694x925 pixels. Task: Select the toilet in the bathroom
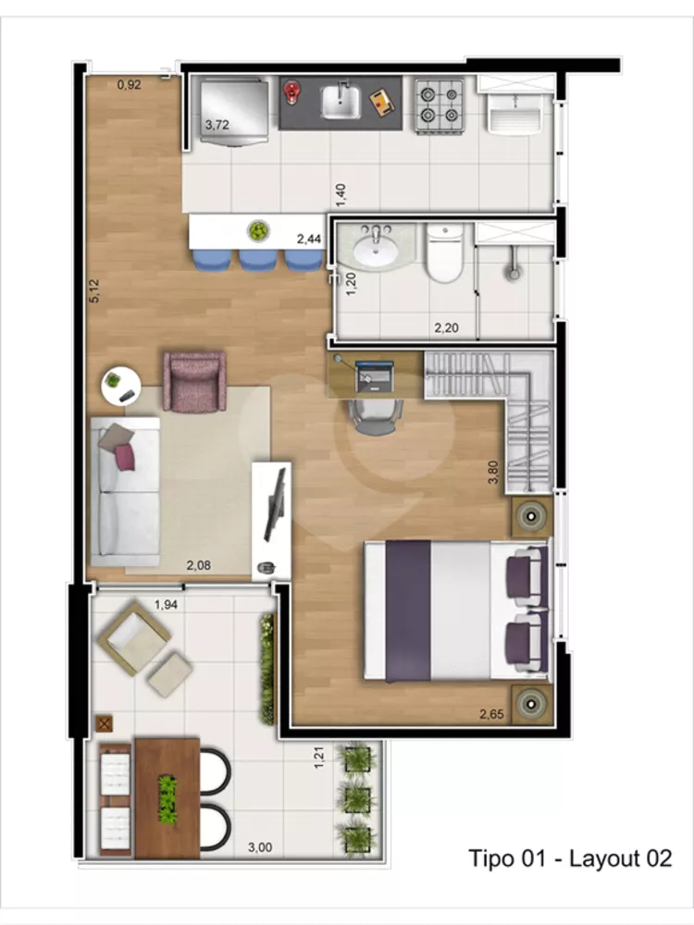coord(444,253)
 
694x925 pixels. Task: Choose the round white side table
coord(119,384)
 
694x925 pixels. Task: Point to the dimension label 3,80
coord(498,473)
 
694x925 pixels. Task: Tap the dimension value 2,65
coord(493,713)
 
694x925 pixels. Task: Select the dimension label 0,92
coord(129,85)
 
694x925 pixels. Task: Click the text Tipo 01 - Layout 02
coord(569,857)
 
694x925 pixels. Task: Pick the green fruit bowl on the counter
coord(257,229)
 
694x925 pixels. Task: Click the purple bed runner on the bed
coord(408,610)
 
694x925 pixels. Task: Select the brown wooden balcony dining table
coord(167,797)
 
